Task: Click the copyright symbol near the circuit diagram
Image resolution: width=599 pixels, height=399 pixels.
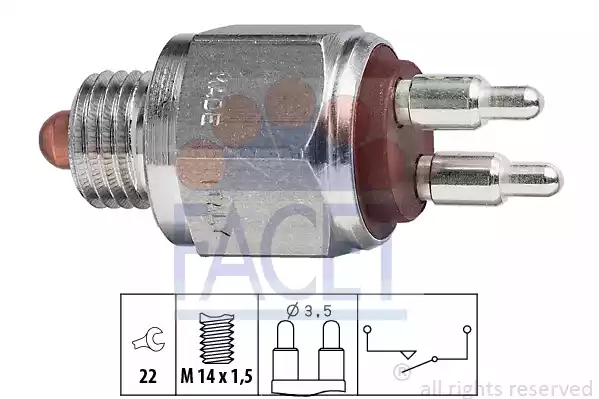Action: click(401, 375)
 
